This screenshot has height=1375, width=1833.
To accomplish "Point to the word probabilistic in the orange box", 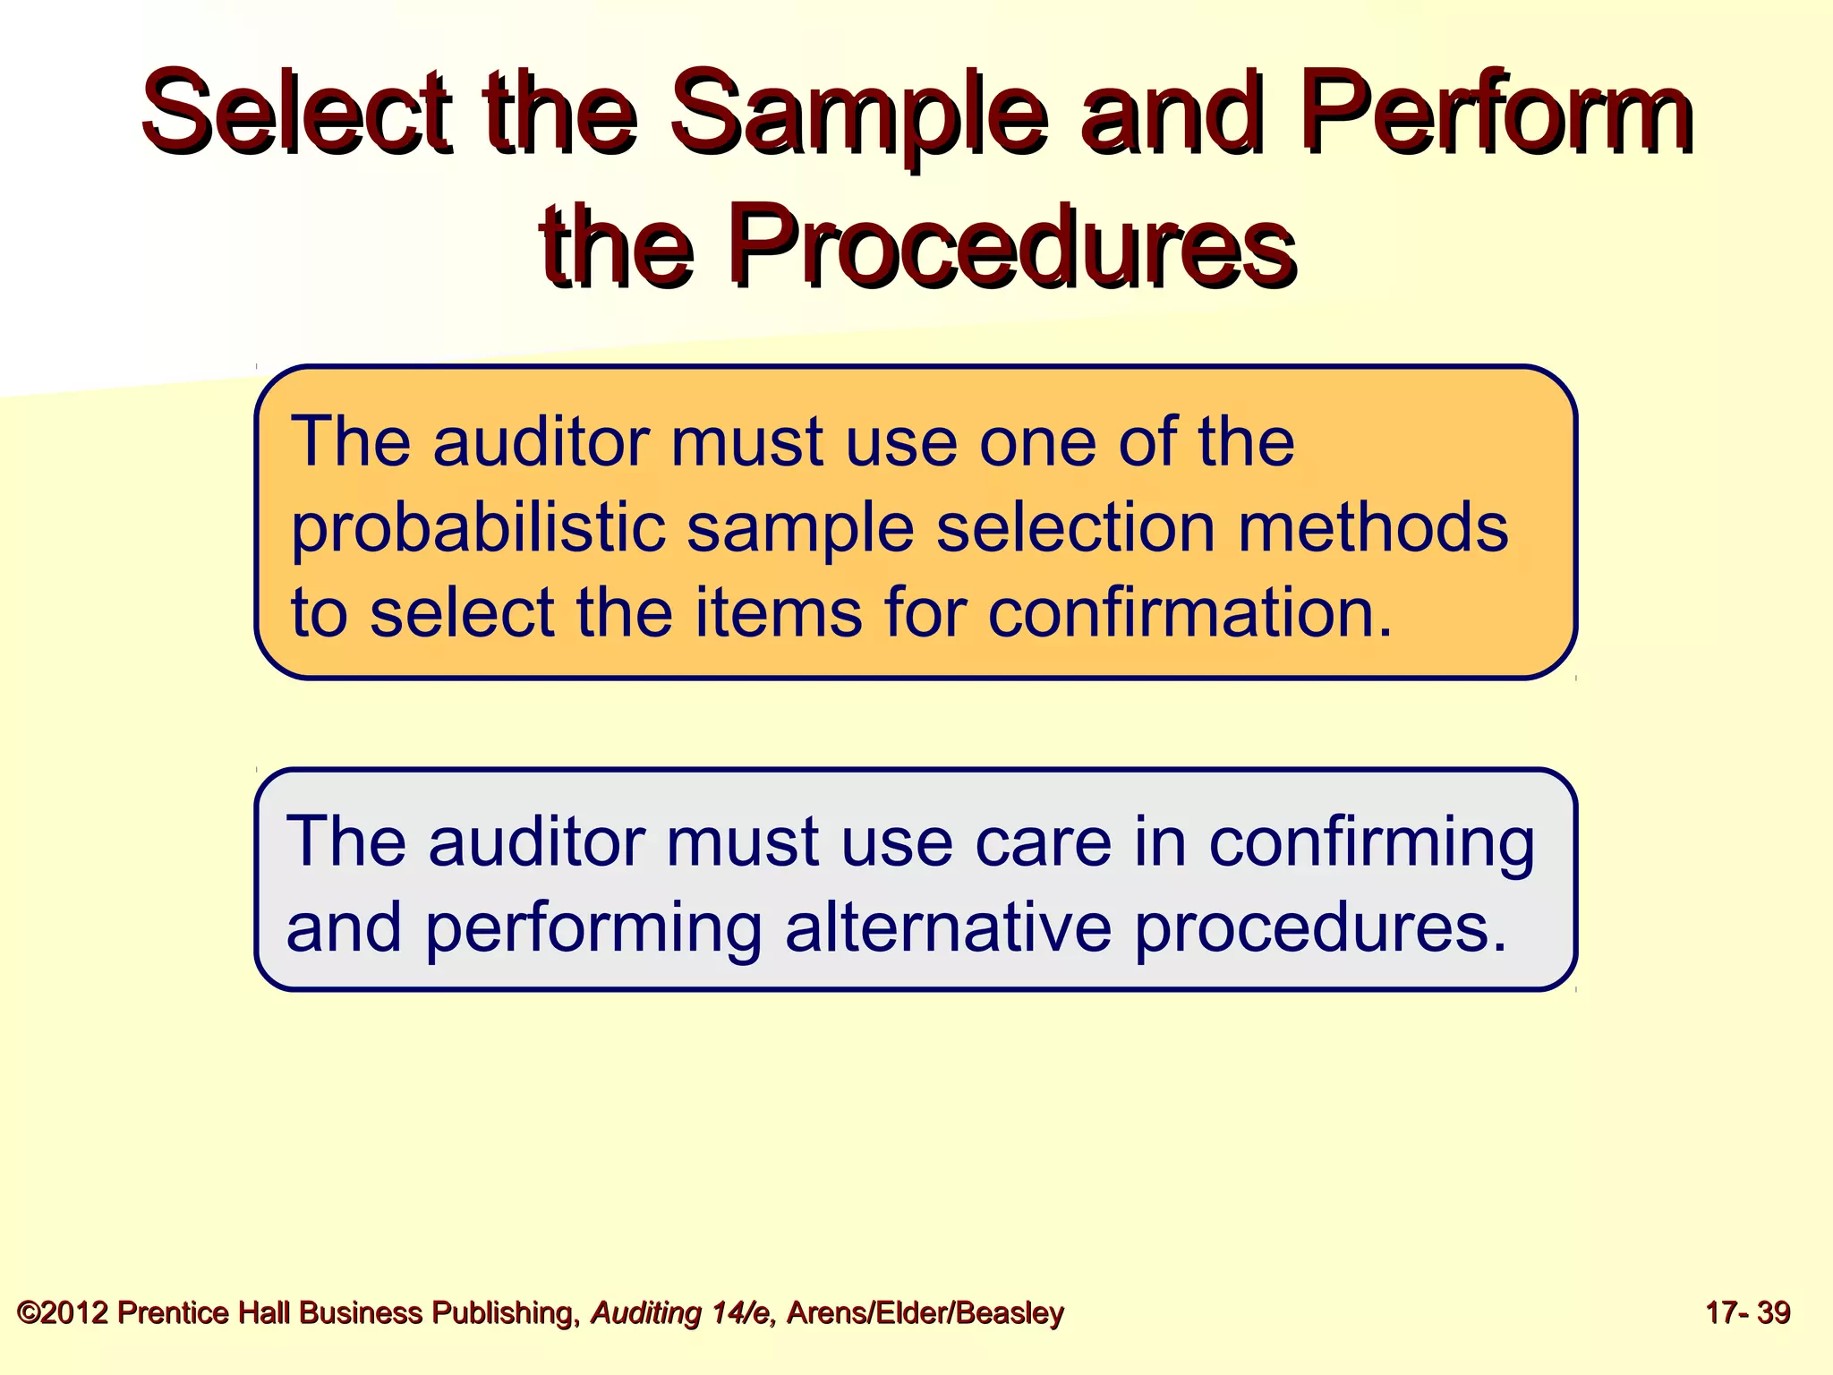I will (478, 528).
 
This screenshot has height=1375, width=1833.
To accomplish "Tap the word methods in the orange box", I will (1373, 528).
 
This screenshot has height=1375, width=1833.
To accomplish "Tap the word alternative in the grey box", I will (949, 927).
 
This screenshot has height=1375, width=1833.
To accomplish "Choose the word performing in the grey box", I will (593, 929).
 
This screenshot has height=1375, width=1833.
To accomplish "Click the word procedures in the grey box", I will (1320, 929).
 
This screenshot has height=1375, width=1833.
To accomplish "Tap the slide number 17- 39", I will (1747, 1313).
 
